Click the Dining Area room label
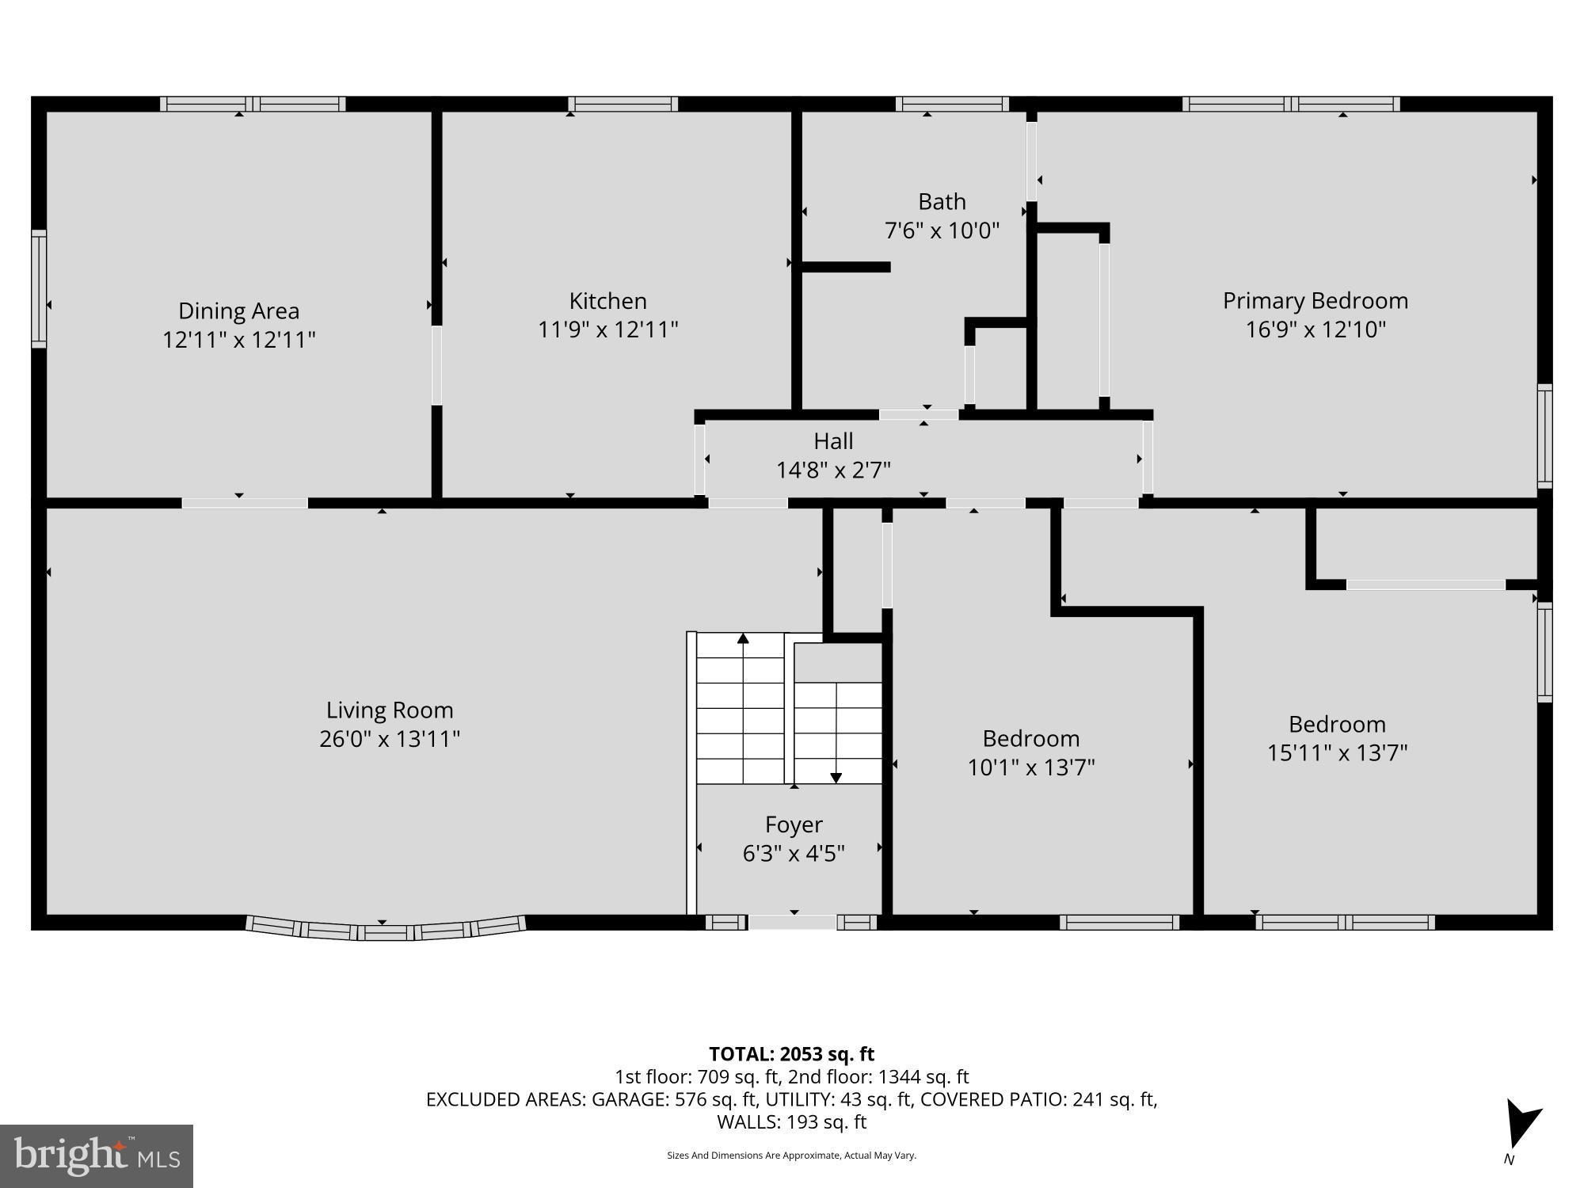tap(238, 310)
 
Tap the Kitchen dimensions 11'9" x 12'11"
tap(607, 329)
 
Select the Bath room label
tap(942, 201)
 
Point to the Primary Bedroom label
tap(1315, 301)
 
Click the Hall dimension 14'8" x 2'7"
tap(833, 470)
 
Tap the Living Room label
tap(390, 710)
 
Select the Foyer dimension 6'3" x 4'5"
tap(794, 854)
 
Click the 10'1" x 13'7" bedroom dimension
tap(1030, 767)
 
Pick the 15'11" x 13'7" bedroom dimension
tap(1337, 752)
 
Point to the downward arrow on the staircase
tap(836, 778)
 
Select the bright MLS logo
tap(97, 1156)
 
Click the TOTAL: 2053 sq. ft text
tap(791, 1054)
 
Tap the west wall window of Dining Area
tap(38, 288)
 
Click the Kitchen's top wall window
tap(623, 104)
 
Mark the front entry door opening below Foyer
tap(792, 922)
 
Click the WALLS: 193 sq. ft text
tap(791, 1122)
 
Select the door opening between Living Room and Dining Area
tap(245, 503)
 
